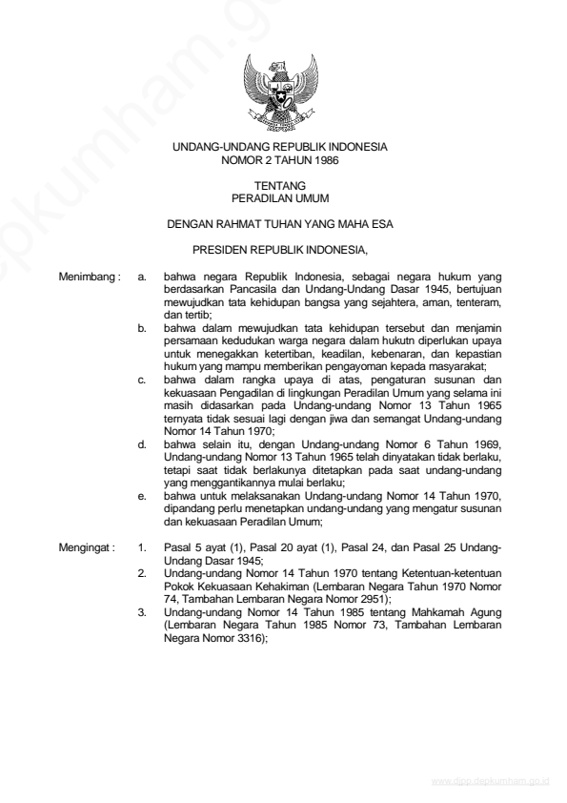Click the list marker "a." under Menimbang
142,278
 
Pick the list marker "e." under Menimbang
142,497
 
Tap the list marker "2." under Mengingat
142,572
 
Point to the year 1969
481,445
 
